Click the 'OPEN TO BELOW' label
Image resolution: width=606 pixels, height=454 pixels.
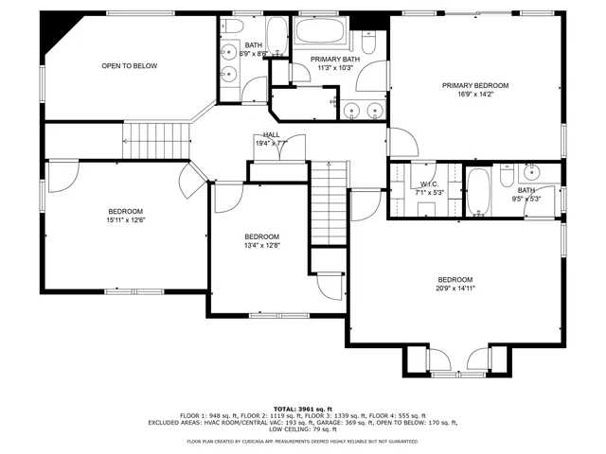click(130, 66)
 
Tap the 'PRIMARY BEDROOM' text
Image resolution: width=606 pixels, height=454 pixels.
click(474, 86)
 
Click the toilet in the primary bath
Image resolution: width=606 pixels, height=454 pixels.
click(370, 40)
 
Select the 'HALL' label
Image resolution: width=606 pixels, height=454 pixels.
click(272, 135)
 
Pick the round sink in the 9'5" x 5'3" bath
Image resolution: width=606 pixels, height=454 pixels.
click(531, 171)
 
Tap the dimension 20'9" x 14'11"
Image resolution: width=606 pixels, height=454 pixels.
click(454, 288)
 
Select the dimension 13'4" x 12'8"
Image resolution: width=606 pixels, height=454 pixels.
click(262, 246)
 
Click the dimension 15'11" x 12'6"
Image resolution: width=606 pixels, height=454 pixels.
click(125, 220)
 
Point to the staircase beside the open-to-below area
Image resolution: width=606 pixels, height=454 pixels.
click(151, 142)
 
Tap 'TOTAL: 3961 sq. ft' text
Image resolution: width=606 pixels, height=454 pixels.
click(303, 408)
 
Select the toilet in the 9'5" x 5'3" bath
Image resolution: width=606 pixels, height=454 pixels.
click(507, 177)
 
